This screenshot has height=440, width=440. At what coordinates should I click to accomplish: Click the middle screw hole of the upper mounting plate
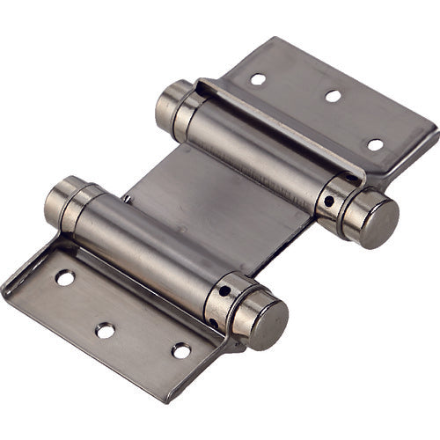coord(333,96)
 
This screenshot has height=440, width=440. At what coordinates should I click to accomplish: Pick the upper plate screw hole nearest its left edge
coord(258,79)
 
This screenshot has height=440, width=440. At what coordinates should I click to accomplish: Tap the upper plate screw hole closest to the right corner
coord(375,144)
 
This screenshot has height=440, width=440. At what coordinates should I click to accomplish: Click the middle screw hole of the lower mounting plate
coord(105,331)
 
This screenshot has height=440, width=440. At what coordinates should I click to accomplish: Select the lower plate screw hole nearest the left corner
coord(65,278)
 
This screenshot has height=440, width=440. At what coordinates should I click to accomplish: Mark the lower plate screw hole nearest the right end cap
coord(181,351)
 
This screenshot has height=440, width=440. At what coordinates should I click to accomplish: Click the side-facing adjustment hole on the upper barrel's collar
coord(328,201)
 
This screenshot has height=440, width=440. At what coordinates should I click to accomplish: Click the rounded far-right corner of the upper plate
coord(431,132)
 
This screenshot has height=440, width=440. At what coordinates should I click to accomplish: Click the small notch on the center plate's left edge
coord(128,199)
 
